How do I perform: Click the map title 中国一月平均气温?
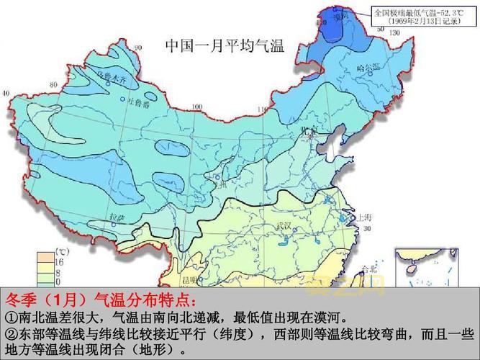coord(225,47)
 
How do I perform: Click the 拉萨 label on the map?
coord(117,215)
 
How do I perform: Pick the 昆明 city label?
coord(189,277)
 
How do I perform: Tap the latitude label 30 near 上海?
coord(368,229)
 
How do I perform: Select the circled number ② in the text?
coord(11,335)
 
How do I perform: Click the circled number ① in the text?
coord(11,318)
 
